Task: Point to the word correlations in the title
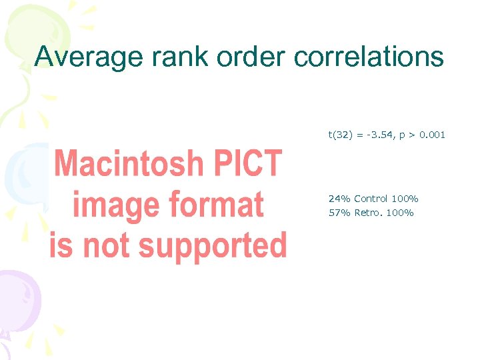point(369,57)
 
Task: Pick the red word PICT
point(247,163)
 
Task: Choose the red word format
point(217,205)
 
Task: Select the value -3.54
point(379,135)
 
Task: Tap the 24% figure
point(339,199)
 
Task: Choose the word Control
point(371,199)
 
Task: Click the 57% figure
point(339,213)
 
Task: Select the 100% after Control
point(405,199)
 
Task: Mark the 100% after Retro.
point(401,213)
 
